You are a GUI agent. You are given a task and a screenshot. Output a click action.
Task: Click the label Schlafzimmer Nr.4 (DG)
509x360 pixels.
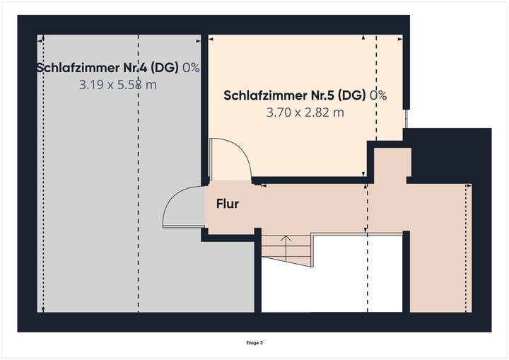107,68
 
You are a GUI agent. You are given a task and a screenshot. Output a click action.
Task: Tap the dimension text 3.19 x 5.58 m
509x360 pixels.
118,85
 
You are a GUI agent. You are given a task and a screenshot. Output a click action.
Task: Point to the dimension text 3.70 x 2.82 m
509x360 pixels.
305,112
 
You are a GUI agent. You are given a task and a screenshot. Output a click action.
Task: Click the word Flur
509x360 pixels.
227,204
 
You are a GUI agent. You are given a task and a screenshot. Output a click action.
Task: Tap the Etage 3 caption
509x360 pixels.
255,343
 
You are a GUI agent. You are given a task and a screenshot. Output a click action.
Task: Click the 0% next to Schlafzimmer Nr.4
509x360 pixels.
191,68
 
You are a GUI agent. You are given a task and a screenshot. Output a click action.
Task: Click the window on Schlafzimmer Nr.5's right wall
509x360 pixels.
406,118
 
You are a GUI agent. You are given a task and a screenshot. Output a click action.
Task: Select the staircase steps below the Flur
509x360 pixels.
286,250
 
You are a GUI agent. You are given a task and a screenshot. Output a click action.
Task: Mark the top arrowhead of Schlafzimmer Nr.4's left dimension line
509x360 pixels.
43,38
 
